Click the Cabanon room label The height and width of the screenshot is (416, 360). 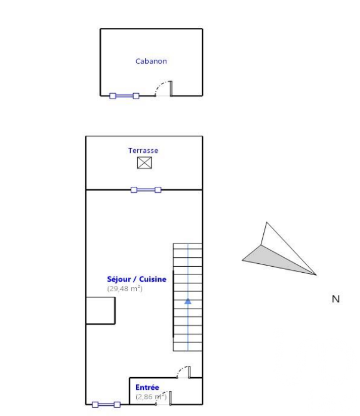pyautogui.click(x=151, y=61)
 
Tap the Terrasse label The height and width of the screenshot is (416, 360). pyautogui.click(x=143, y=150)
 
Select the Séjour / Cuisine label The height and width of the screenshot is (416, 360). pyautogui.click(x=137, y=279)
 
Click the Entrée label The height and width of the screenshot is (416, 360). pyautogui.click(x=147, y=387)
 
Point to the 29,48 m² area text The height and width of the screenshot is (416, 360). pyautogui.click(x=125, y=288)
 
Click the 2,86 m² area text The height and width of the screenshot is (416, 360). pyautogui.click(x=151, y=397)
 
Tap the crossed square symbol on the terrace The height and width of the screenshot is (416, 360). pyautogui.click(x=144, y=162)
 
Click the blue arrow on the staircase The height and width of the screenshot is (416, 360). pyautogui.click(x=188, y=301)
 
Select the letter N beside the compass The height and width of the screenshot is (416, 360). pyautogui.click(x=336, y=299)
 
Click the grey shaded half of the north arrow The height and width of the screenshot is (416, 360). pyautogui.click(x=273, y=261)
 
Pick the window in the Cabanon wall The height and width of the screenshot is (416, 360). pyautogui.click(x=124, y=95)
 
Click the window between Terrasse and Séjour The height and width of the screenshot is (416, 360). pyautogui.click(x=146, y=190)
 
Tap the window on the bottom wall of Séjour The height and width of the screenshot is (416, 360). pyautogui.click(x=106, y=405)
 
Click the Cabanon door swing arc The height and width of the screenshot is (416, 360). pyautogui.click(x=160, y=86)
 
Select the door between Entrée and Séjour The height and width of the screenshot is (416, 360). pyautogui.click(x=183, y=372)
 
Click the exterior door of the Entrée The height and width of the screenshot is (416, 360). pyautogui.click(x=164, y=398)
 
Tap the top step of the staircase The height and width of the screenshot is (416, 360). pyautogui.click(x=187, y=246)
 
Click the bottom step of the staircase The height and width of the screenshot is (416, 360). pyautogui.click(x=187, y=347)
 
